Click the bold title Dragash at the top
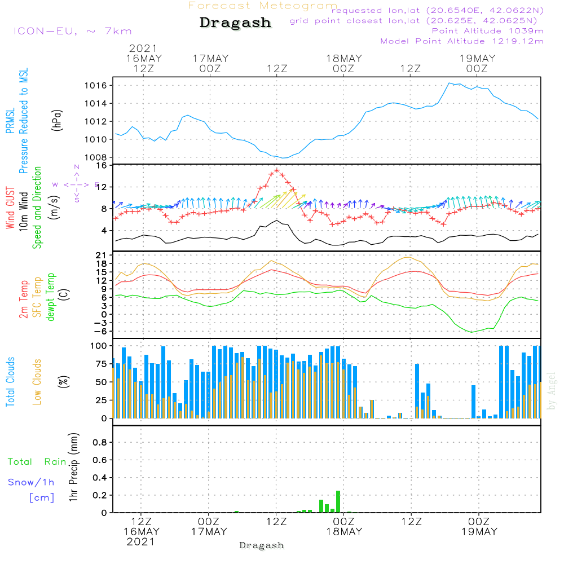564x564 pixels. [235, 23]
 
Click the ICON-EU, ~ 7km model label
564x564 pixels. [72, 31]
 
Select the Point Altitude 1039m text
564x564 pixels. [487, 31]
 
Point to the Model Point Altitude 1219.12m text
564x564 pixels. [462, 41]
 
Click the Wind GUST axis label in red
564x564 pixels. [10, 208]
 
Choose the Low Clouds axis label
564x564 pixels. [37, 382]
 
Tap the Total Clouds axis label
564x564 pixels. [10, 382]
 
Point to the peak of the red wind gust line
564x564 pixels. [276, 170]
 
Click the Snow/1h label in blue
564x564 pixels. [32, 482]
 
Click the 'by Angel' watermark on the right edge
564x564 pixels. [552, 391]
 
